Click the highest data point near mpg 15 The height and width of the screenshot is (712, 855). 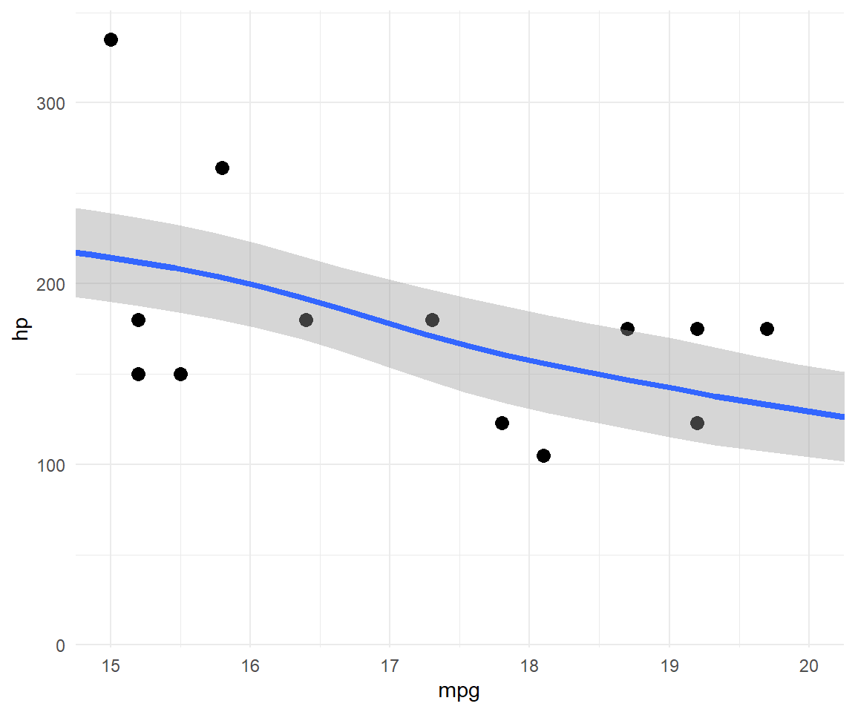[x=111, y=39]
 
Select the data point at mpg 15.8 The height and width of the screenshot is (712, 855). [x=222, y=168]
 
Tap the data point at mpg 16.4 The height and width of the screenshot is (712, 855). [x=306, y=320]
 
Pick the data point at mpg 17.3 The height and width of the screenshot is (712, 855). [x=432, y=320]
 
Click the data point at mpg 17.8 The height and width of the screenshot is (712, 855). [x=502, y=423]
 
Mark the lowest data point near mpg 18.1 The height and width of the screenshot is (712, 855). [x=543, y=455]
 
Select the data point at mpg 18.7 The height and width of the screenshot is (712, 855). [x=627, y=329]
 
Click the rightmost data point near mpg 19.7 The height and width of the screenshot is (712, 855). [x=767, y=329]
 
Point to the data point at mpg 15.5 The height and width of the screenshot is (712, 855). [x=180, y=374]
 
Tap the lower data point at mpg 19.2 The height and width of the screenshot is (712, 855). [x=697, y=423]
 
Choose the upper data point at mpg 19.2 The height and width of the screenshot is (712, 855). [x=697, y=329]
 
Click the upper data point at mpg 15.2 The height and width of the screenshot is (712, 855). [x=138, y=320]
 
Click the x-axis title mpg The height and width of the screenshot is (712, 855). [x=459, y=692]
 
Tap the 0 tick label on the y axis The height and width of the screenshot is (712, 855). [x=59, y=646]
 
